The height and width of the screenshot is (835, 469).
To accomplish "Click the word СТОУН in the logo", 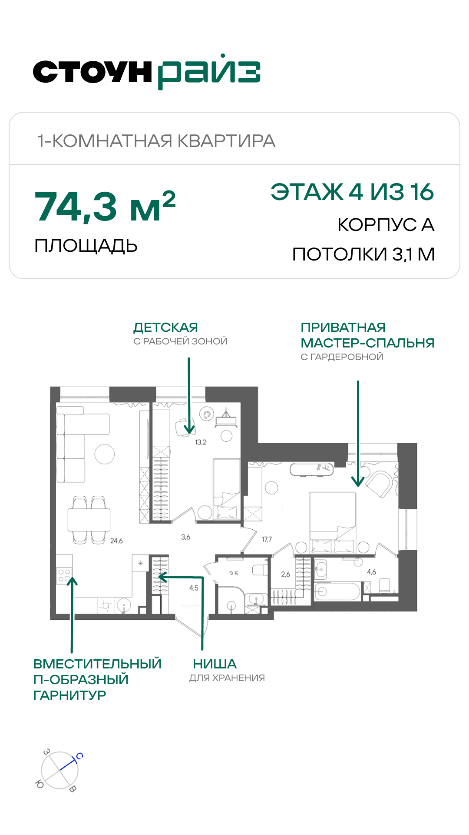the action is click(92, 72).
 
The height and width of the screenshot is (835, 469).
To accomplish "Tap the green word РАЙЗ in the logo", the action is click(209, 72).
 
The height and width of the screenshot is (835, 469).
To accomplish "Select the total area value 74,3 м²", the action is click(105, 206).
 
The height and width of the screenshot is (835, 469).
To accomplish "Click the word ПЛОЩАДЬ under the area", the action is click(86, 246).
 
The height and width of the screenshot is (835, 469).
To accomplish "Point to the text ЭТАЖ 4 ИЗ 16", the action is click(352, 192).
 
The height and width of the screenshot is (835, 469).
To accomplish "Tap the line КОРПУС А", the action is click(386, 225).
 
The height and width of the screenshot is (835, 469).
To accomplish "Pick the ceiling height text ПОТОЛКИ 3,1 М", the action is click(363, 254).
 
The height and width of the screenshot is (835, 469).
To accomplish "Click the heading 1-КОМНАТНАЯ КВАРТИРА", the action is click(156, 141).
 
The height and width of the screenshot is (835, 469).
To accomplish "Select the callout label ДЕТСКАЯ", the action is click(166, 327).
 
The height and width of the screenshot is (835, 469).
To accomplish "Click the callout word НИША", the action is click(215, 664).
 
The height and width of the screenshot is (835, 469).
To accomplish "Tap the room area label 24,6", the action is click(116, 541).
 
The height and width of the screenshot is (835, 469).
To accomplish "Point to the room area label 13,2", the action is click(201, 442).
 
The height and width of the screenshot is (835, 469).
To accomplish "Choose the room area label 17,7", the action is click(267, 539).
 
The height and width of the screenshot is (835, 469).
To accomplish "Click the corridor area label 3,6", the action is click(186, 537).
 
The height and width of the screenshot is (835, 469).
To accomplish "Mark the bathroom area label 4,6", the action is click(372, 572).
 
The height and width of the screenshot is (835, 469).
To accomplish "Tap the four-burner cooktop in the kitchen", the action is click(64, 575).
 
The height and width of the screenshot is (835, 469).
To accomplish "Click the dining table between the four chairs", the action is click(89, 520).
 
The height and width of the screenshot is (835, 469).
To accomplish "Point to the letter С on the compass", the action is click(79, 756).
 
